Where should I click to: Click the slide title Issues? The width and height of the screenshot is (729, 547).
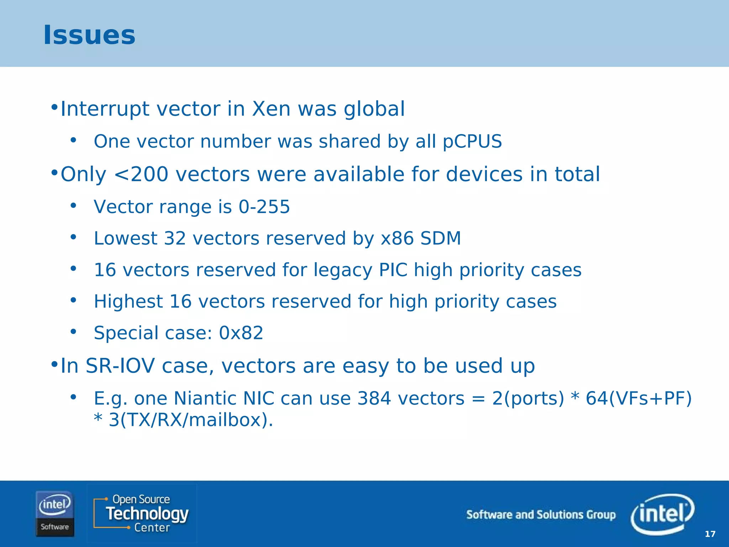tap(89, 35)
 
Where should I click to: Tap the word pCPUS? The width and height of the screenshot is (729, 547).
tap(472, 141)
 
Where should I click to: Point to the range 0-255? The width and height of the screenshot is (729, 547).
tap(264, 207)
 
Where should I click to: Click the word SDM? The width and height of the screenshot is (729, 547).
tap(440, 238)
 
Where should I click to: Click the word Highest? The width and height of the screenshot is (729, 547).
tap(128, 302)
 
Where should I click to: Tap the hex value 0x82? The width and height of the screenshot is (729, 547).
tap(241, 333)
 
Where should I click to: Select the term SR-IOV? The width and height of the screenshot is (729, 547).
tap(120, 366)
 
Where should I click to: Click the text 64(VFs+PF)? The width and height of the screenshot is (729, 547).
tap(639, 398)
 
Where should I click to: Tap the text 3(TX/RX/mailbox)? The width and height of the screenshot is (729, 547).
tap(190, 420)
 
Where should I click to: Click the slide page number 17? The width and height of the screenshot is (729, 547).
tap(710, 534)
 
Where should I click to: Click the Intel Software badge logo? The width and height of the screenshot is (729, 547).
tap(55, 514)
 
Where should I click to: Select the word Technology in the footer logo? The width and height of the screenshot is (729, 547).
tap(147, 514)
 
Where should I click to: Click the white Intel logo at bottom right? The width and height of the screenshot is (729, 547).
tap(662, 514)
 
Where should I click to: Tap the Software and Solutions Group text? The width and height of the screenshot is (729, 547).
tap(541, 515)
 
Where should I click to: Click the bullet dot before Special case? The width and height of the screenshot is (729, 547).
tap(73, 332)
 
